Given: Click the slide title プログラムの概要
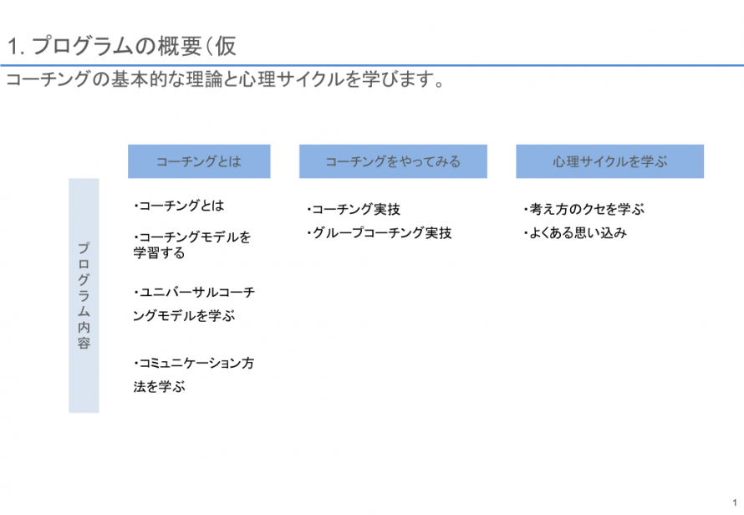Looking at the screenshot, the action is tap(122, 47).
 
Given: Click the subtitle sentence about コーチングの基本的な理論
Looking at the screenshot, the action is tap(226, 79).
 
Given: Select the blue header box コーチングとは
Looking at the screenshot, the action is tap(199, 161).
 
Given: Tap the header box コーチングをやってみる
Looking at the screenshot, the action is tap(393, 161).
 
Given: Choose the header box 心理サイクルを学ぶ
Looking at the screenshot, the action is tap(609, 161).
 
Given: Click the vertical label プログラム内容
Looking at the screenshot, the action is tap(84, 296).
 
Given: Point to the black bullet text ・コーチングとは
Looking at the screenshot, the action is tap(179, 206).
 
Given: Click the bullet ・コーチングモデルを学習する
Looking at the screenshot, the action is tap(192, 244).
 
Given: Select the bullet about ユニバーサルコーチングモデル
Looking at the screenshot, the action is tap(194, 303).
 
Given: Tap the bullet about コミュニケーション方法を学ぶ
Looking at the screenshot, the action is tap(194, 375).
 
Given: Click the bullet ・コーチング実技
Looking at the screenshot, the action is tap(354, 209).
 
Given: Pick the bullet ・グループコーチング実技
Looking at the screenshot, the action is tap(380, 233).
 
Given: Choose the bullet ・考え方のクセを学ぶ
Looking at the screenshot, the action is tap(584, 209).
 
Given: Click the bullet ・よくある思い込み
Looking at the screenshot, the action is tap(575, 233).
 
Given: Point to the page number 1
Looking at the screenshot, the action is tap(735, 502).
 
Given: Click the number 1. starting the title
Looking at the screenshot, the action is tap(16, 47).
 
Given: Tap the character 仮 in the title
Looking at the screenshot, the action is tap(226, 47).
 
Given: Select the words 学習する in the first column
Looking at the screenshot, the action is tap(159, 253).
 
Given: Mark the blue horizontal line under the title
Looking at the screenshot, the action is tap(372, 65).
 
